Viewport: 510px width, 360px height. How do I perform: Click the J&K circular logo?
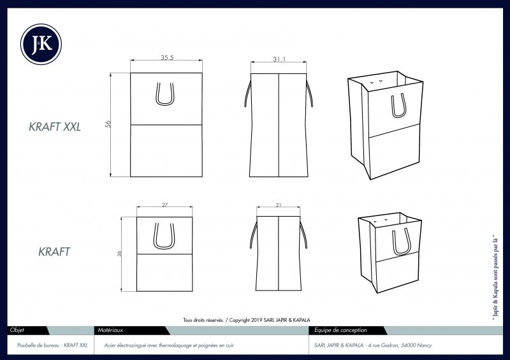(x=41, y=44)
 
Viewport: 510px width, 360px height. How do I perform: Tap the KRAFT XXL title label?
(x=55, y=127)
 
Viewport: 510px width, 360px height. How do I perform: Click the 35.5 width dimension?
(x=167, y=57)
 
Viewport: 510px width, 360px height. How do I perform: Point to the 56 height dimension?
(x=108, y=124)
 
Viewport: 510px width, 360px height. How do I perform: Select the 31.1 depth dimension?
(x=279, y=59)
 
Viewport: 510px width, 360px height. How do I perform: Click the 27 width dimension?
(x=165, y=205)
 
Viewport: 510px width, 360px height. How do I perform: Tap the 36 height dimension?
(x=119, y=254)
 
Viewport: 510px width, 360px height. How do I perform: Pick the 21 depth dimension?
(x=279, y=205)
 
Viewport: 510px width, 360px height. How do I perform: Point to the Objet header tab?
(x=17, y=330)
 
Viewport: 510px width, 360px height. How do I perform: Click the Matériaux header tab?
(x=110, y=330)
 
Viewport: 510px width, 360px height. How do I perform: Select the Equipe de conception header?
(x=340, y=331)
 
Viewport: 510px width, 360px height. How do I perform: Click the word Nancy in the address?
(x=424, y=345)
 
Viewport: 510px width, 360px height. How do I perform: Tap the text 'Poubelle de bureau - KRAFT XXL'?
(x=52, y=345)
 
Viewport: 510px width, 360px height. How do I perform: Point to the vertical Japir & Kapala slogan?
(x=495, y=278)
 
